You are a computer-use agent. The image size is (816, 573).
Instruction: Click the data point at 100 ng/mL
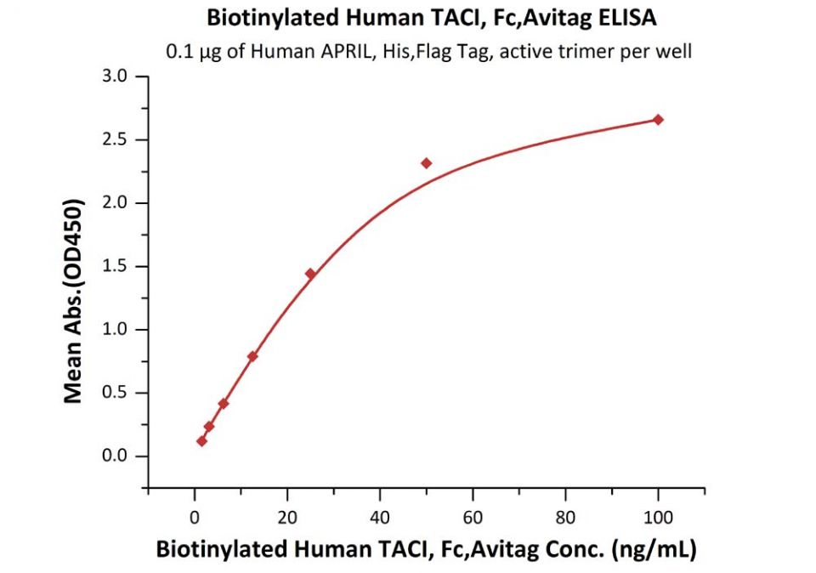(x=658, y=119)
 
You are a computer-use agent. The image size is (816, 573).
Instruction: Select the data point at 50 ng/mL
(x=426, y=162)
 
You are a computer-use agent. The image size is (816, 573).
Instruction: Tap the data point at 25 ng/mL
(x=310, y=274)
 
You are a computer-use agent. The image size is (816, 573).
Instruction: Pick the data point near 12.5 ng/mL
(x=252, y=356)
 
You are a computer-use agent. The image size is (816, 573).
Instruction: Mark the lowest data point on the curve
(x=201, y=440)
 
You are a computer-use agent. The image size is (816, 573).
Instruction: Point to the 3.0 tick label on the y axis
(x=113, y=77)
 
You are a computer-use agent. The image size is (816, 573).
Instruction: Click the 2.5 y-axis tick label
(x=113, y=139)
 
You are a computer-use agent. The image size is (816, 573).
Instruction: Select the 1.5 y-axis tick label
(x=113, y=266)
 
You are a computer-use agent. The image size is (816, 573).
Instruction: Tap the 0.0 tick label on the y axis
(x=113, y=457)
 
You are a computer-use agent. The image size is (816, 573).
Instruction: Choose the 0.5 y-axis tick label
(x=113, y=393)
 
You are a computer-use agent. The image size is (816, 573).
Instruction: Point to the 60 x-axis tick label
(x=473, y=515)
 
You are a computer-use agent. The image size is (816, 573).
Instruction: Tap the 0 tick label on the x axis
(x=195, y=515)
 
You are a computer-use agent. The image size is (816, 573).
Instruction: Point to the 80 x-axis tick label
(x=565, y=515)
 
